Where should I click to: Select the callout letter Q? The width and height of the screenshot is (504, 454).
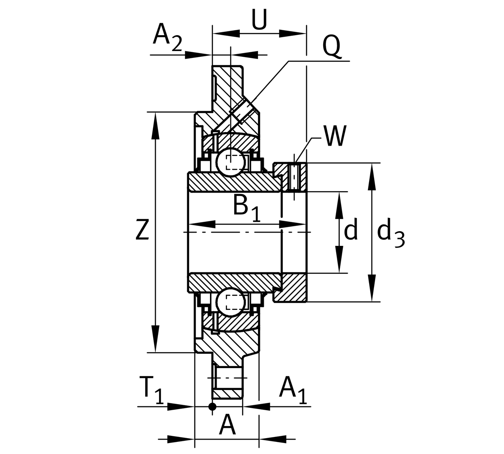click(x=332, y=47)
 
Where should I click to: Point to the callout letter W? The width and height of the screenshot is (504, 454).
click(x=335, y=136)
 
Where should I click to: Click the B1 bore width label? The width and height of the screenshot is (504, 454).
click(x=247, y=207)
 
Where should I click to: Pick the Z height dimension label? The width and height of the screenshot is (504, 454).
click(x=142, y=230)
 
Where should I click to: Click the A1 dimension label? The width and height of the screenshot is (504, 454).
click(x=292, y=390)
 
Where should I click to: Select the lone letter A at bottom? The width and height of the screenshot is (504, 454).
click(x=227, y=425)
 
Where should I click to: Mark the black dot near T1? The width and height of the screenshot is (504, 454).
click(x=213, y=407)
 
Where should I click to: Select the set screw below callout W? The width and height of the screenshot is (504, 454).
click(x=294, y=177)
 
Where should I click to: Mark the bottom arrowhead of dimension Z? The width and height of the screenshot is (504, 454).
click(x=155, y=342)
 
